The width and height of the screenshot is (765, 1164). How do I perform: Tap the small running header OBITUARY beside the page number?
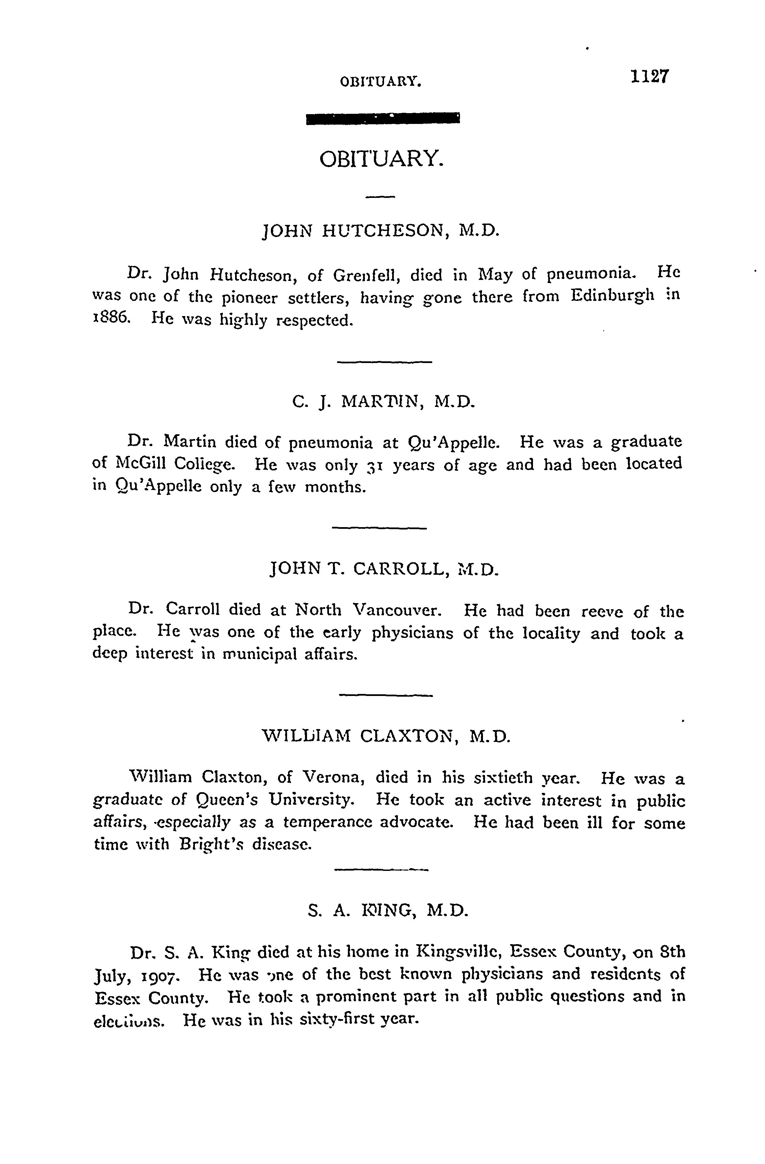(381, 82)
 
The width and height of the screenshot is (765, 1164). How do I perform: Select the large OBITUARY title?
(382, 159)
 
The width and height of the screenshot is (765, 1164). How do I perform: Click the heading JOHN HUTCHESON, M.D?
(381, 230)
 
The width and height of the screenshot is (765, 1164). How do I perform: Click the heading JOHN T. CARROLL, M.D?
(384, 569)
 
